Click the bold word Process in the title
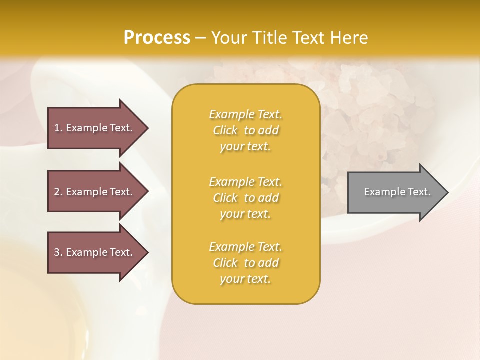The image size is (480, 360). click(x=157, y=38)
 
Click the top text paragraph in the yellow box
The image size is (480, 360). click(x=246, y=130)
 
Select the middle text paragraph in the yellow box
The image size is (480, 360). click(x=246, y=198)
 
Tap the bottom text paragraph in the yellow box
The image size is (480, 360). click(x=246, y=263)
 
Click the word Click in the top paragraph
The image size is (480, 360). click(x=225, y=130)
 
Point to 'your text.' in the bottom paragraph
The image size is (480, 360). click(x=245, y=279)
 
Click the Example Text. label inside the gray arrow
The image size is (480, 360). click(x=397, y=192)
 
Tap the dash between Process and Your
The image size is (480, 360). click(x=200, y=38)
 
